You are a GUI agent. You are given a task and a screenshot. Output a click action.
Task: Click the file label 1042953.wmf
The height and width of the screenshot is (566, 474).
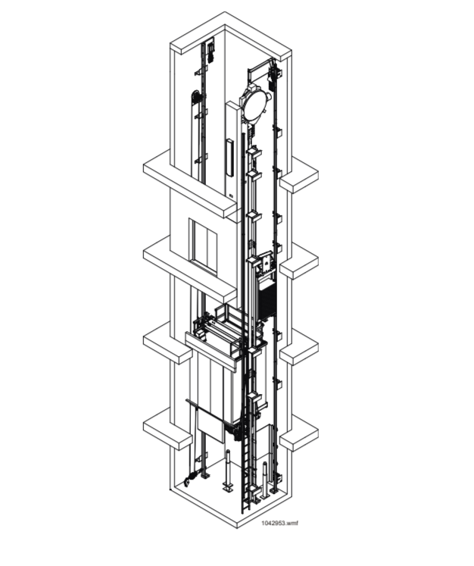[279, 523]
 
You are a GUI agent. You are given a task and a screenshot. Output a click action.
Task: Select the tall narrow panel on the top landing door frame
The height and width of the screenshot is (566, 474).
[229, 158]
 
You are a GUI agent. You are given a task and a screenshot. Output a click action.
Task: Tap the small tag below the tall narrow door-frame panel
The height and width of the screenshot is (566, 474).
[231, 196]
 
